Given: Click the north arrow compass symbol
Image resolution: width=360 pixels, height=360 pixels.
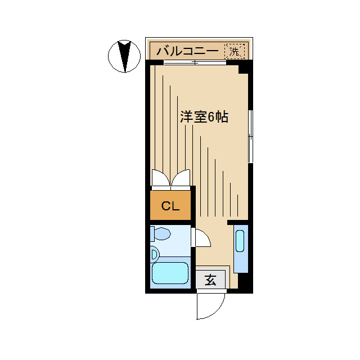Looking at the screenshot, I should pos(124,56).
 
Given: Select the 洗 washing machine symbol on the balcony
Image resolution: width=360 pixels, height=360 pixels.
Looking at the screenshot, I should pos(235,51).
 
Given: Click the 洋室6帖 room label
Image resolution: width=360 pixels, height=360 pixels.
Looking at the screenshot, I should pos(204,118).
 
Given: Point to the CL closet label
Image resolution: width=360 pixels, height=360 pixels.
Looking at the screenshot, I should pos(170,206).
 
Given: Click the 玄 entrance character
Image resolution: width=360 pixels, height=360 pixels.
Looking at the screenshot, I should pos(210,280).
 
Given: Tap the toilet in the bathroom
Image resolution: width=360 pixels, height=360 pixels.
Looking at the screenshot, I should pos(161,233).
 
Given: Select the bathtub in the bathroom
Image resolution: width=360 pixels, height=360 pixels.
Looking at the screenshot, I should pos(169,274).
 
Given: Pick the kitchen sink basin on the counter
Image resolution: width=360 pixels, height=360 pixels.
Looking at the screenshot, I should pos(240,241).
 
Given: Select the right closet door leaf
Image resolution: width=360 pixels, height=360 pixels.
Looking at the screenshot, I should pos(182,179).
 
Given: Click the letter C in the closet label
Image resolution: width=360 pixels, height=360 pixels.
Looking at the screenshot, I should pos(165,206).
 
